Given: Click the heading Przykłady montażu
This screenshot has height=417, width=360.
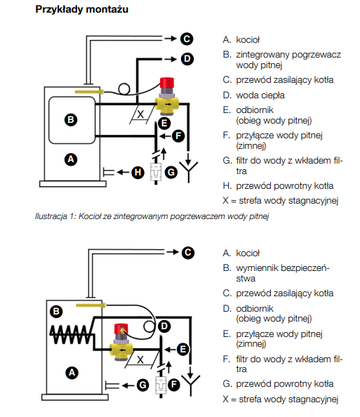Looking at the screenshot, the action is pyautogui.click(x=82, y=10).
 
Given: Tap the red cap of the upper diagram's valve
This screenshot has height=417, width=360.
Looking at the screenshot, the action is pyautogui.click(x=167, y=83).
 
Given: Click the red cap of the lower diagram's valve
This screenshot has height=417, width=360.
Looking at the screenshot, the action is pyautogui.click(x=121, y=329).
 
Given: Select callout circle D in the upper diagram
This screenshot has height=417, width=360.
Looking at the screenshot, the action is pyautogui.click(x=187, y=59).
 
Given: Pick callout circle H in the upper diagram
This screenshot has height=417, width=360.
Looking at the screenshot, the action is pyautogui.click(x=138, y=172).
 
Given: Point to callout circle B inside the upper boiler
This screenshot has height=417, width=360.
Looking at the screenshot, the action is pyautogui.click(x=71, y=119).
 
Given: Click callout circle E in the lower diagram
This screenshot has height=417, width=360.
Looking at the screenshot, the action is pyautogui.click(x=183, y=349).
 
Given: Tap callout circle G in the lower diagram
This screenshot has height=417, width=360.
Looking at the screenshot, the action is pyautogui.click(x=142, y=385).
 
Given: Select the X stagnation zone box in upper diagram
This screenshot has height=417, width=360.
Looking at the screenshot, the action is pyautogui.click(x=142, y=114).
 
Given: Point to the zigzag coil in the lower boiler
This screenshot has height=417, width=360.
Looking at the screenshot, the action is pyautogui.click(x=72, y=335).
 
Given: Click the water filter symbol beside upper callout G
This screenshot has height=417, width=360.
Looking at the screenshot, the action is pyautogui.click(x=156, y=172).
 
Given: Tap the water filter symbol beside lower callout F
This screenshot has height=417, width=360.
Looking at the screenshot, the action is pyautogui.click(x=161, y=385).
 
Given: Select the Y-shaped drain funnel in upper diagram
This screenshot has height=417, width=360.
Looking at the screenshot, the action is pyautogui.click(x=189, y=170).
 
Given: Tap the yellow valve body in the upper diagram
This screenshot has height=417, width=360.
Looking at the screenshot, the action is pyautogui.click(x=167, y=104).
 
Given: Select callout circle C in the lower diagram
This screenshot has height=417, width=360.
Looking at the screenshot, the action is pyautogui.click(x=188, y=253).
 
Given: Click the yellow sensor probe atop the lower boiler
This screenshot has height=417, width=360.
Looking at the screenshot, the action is pyautogui.click(x=91, y=305).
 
